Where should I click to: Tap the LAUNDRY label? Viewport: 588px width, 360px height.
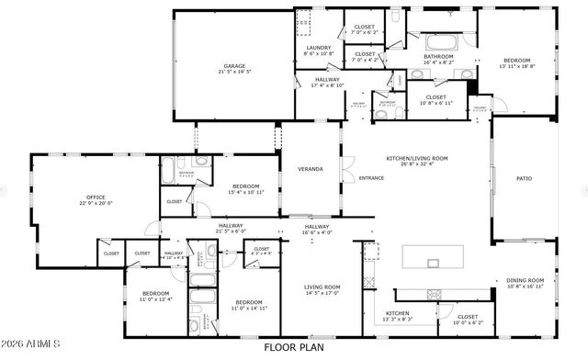coord(318,48)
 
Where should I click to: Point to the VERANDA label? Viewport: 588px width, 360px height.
coord(309,169)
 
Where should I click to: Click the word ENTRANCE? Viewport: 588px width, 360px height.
coord(371,178)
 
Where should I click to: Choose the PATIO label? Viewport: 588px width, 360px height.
coord(524,178)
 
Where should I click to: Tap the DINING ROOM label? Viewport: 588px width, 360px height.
coord(526,280)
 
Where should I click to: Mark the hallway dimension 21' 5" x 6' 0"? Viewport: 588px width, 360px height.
coord(231,231)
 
